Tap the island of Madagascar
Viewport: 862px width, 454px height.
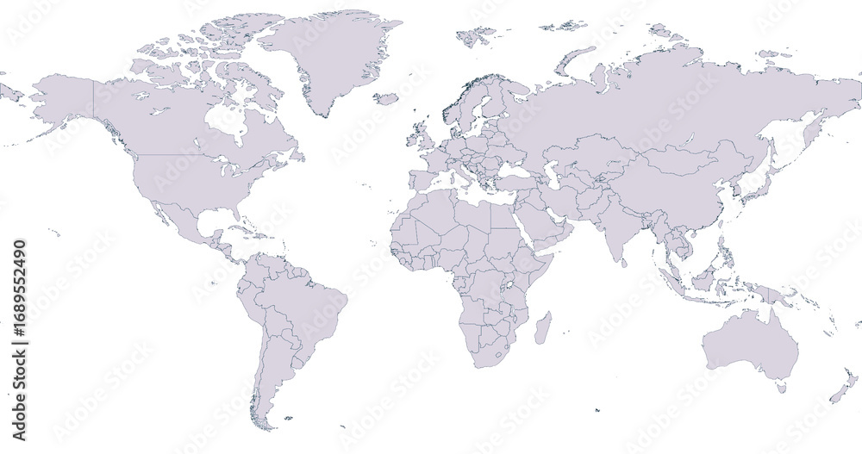click(543, 328)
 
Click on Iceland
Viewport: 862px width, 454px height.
click(385, 99)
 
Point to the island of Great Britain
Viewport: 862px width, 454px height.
click(422, 139)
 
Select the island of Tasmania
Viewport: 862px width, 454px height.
click(782, 389)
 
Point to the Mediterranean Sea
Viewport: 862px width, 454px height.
click(470, 191)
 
